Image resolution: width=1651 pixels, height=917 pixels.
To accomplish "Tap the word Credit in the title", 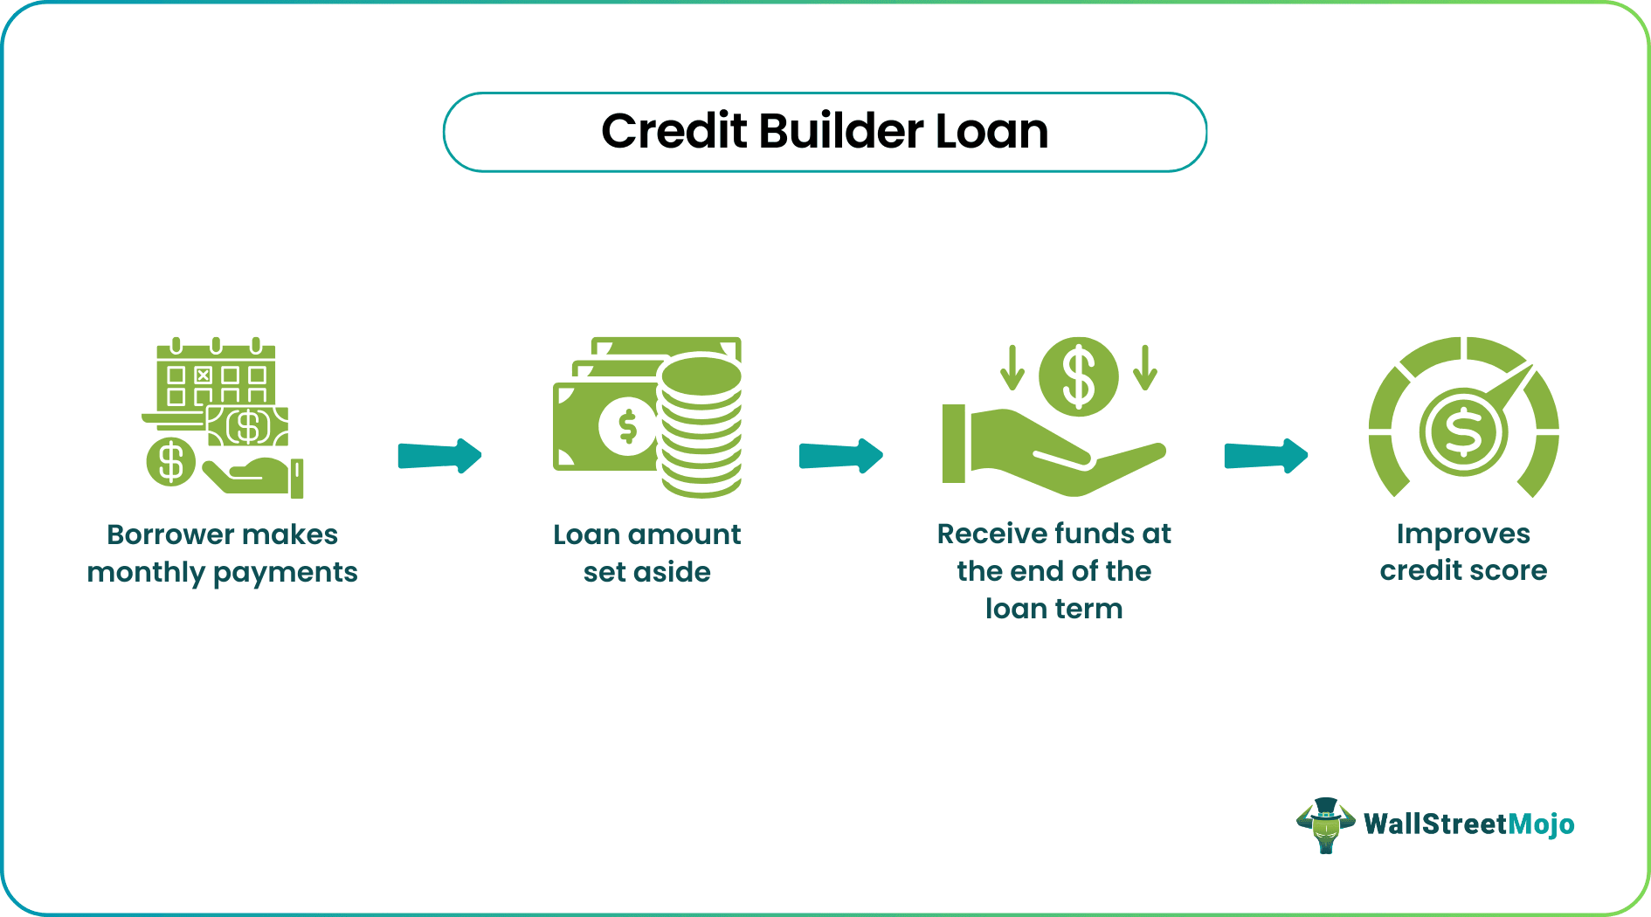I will pos(674,132).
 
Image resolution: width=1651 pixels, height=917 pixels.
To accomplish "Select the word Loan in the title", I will pos(991,132).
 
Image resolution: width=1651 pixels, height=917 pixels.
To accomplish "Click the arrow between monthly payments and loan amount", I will pos(439,455).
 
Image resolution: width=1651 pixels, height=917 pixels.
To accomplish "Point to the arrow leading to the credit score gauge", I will pos(1266,455).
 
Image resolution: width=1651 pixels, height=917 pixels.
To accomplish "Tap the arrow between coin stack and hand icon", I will pos(840,455).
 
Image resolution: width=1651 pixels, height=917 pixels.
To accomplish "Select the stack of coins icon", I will pos(701,424).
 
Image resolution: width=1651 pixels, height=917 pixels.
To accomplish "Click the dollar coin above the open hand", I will pos(1078,376).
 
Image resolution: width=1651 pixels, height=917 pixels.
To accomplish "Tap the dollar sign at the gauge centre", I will pos(1463,431).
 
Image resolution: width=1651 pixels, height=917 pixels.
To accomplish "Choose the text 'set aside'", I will pos(646,573).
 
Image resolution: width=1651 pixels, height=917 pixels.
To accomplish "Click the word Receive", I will pos(991,534).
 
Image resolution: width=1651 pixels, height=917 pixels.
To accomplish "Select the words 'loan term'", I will pos(1053,609).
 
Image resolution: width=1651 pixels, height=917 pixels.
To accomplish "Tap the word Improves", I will pos(1463,534).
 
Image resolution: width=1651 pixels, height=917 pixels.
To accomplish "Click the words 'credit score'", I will pos(1463,571).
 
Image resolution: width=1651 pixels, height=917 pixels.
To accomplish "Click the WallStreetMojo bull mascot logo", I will pos(1325,824).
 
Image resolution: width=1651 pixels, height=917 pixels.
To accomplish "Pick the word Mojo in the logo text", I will pos(1541,824).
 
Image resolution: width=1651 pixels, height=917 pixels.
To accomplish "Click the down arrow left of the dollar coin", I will pos(1012,368).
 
